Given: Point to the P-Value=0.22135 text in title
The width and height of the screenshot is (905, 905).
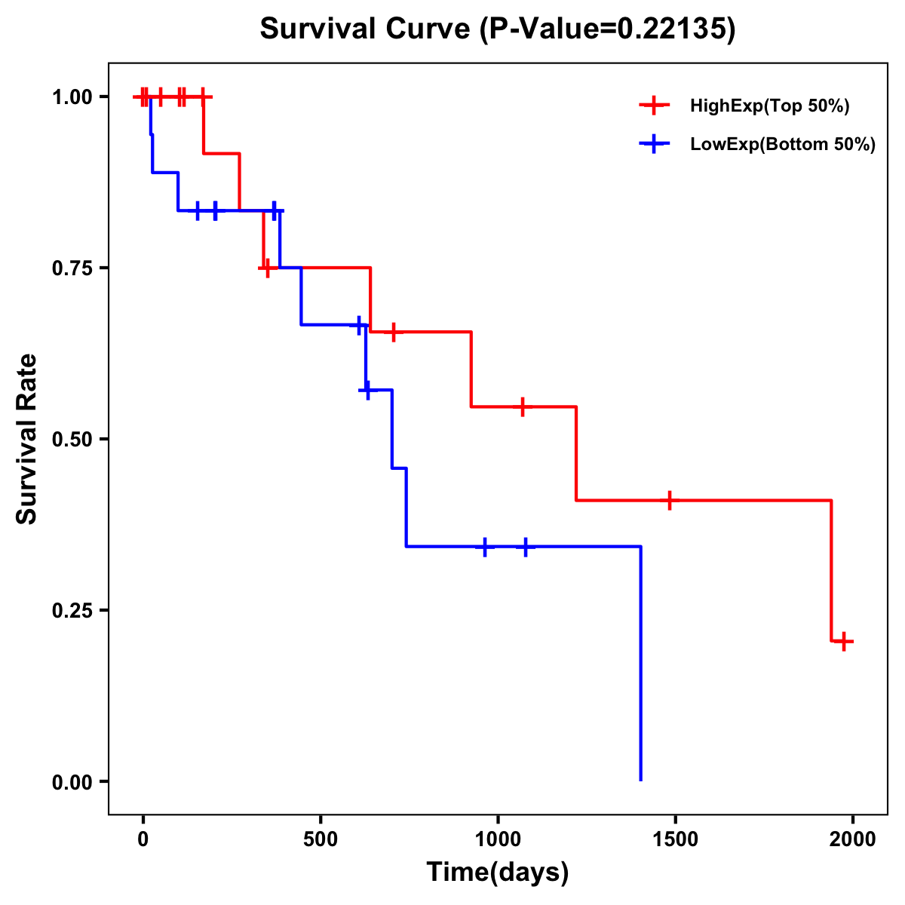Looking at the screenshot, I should tap(608, 29).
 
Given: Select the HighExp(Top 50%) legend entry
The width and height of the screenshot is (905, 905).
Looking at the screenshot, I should tap(769, 106).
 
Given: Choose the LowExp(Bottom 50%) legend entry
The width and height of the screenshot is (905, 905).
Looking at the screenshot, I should tap(782, 145).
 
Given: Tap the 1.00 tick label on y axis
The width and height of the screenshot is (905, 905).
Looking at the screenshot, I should tap(72, 97).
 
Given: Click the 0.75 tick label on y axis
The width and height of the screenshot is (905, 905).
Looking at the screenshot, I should tap(72, 268).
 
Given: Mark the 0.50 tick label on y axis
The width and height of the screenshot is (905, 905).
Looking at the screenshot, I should tap(72, 439).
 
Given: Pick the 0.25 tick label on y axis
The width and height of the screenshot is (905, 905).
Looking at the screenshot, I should tap(72, 610).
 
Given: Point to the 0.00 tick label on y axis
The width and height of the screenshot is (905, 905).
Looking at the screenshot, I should tap(72, 781).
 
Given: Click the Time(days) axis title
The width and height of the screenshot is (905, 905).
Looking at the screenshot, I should tap(498, 873).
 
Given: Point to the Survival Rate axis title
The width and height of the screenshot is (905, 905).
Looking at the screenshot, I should tap(27, 439).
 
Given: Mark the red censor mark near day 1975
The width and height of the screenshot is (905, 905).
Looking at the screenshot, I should tap(845, 642).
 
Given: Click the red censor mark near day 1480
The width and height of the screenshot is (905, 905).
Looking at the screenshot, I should tap(669, 500).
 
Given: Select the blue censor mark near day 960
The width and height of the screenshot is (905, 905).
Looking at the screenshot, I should tap(484, 547).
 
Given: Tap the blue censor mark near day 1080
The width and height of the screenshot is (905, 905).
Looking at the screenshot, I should tap(526, 547).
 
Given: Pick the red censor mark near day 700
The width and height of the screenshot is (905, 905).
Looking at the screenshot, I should tap(393, 332).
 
